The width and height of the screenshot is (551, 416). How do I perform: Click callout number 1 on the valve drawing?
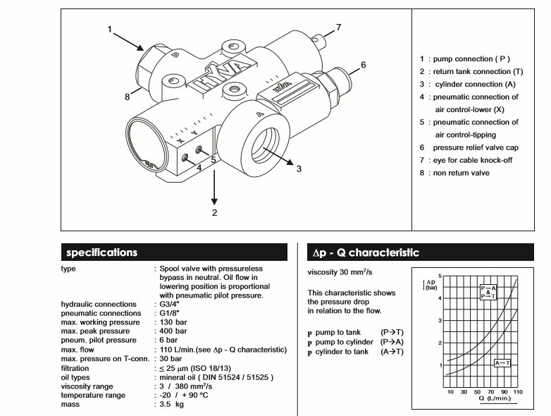[x=110, y=29]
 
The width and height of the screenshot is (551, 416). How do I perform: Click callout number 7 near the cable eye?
[x=339, y=27]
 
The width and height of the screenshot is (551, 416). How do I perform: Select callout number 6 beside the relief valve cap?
[x=364, y=65]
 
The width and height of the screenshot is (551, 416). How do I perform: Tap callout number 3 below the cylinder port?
[x=299, y=169]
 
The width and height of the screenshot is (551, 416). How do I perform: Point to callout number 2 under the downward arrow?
[x=215, y=212]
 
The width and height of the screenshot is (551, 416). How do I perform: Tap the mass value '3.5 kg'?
[x=173, y=405]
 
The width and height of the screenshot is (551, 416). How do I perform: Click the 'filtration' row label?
[x=78, y=368]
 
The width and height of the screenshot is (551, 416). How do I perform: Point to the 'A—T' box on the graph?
[x=503, y=362]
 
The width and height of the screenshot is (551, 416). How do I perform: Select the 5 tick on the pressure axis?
[x=440, y=276]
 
